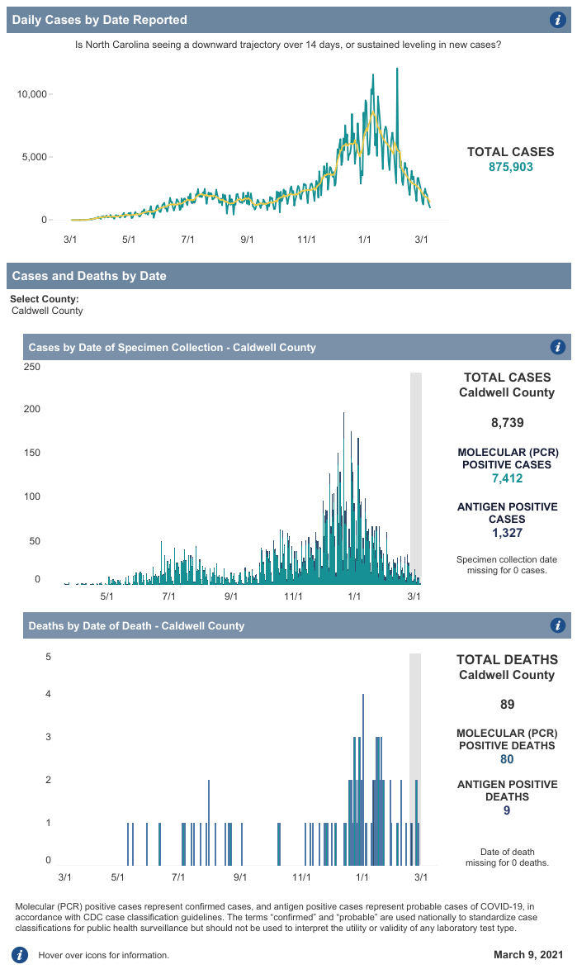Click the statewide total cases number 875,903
pos(511,167)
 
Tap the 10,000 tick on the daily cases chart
pos(33,94)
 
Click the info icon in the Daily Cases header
pos(557,20)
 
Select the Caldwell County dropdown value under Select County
pos(47,311)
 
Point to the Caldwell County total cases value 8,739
pos(507,423)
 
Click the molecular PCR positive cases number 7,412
pos(507,477)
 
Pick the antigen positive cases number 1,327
pos(507,533)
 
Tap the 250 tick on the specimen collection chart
pos(32,367)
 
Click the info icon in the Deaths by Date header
pos(557,625)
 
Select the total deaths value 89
pos(507,705)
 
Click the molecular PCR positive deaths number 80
pos(507,759)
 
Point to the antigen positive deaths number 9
pos(507,810)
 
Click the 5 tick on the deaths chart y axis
pos(49,658)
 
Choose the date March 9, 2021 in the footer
pos(527,955)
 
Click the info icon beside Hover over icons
pos(19,955)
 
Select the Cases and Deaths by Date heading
pos(89,276)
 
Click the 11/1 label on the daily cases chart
pos(306,240)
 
